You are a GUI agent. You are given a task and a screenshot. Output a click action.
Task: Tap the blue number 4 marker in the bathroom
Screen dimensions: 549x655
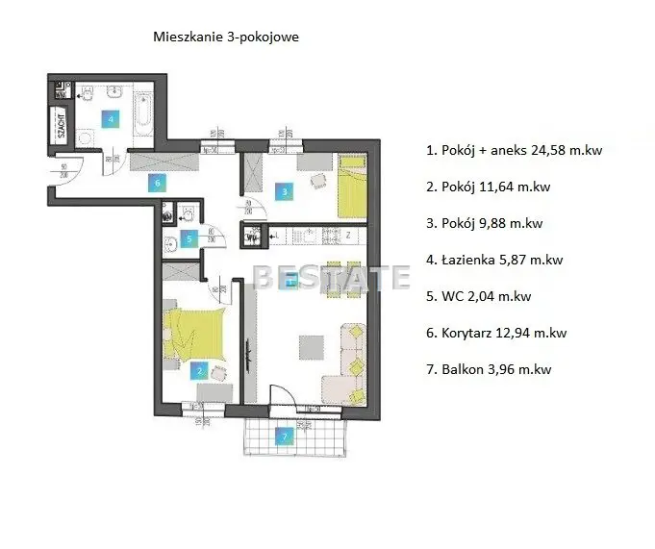click(111, 119)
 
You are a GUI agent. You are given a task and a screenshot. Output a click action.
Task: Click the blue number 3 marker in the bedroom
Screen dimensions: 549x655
click(285, 192)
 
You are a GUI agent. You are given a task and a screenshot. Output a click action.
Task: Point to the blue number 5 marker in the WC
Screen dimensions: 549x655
click(189, 237)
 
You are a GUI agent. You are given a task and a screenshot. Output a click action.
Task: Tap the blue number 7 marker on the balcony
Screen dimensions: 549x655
click(283, 437)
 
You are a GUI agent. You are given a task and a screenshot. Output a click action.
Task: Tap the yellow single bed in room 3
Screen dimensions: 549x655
click(351, 188)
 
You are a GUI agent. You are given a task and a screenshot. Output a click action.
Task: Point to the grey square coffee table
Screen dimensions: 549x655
click(311, 343)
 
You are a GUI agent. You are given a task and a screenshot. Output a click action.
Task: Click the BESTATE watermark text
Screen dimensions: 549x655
click(331, 278)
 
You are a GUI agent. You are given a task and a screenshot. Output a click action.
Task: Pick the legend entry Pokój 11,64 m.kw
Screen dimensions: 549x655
click(487, 187)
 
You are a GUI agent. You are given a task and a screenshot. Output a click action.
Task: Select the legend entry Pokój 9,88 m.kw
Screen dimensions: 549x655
click(484, 223)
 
